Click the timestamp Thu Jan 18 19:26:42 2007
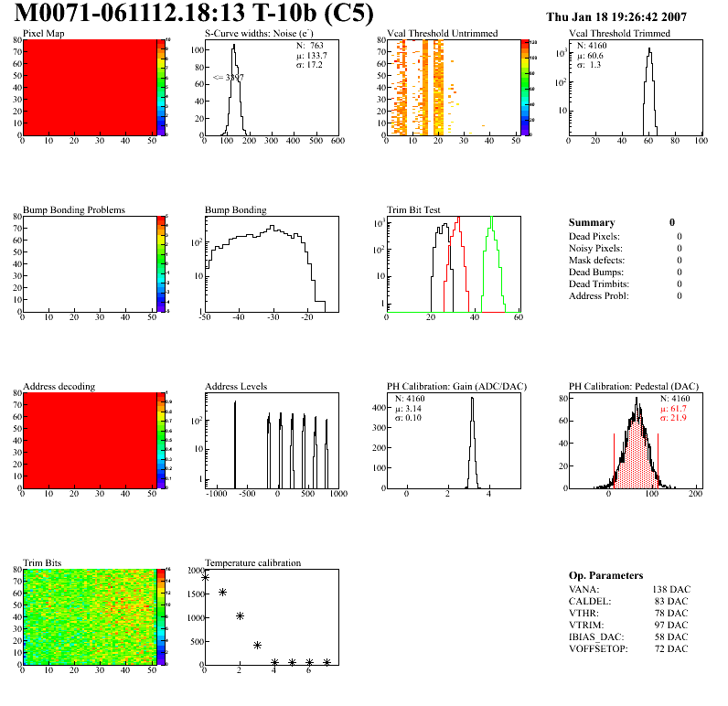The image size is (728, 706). (629, 17)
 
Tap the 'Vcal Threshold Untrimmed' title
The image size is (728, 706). (443, 34)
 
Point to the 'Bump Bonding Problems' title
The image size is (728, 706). (74, 209)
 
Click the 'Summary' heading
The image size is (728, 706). (592, 222)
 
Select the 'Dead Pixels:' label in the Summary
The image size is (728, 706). (595, 236)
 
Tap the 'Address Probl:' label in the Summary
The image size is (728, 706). (599, 295)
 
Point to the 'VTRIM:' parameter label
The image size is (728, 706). (585, 625)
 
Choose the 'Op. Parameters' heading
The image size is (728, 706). (605, 575)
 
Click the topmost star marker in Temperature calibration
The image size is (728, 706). (205, 577)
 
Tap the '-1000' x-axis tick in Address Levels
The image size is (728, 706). (216, 494)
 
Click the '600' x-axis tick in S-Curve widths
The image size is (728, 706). (337, 141)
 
